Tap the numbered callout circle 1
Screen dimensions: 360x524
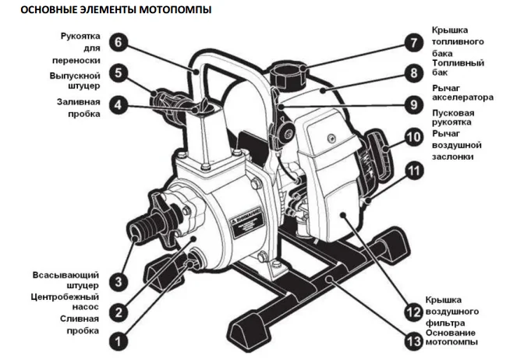click(118, 340)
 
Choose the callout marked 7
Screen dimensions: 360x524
click(412, 42)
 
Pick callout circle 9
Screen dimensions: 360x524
click(412, 103)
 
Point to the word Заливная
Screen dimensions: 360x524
click(77, 101)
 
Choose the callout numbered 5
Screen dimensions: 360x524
click(118, 73)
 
